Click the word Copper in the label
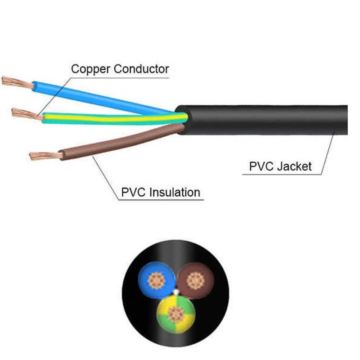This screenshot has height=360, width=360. (91, 69)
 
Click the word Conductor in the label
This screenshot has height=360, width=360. (141, 69)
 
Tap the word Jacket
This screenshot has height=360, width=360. (294, 166)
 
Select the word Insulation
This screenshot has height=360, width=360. (175, 193)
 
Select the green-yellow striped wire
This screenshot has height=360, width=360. (112, 118)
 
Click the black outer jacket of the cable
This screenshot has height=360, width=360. (270, 120)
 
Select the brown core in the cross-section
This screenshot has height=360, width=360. (195, 279)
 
